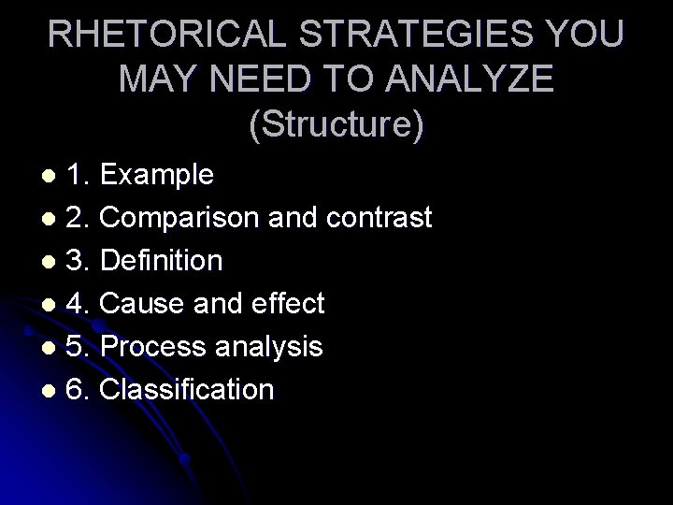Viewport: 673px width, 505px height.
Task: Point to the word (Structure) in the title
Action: (x=336, y=124)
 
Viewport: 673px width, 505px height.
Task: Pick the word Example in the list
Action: (x=157, y=175)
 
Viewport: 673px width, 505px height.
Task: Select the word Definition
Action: (x=161, y=261)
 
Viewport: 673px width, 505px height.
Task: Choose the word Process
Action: (x=153, y=347)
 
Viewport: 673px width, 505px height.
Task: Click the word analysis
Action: (x=268, y=347)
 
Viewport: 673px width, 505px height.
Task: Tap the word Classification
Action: (x=187, y=389)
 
